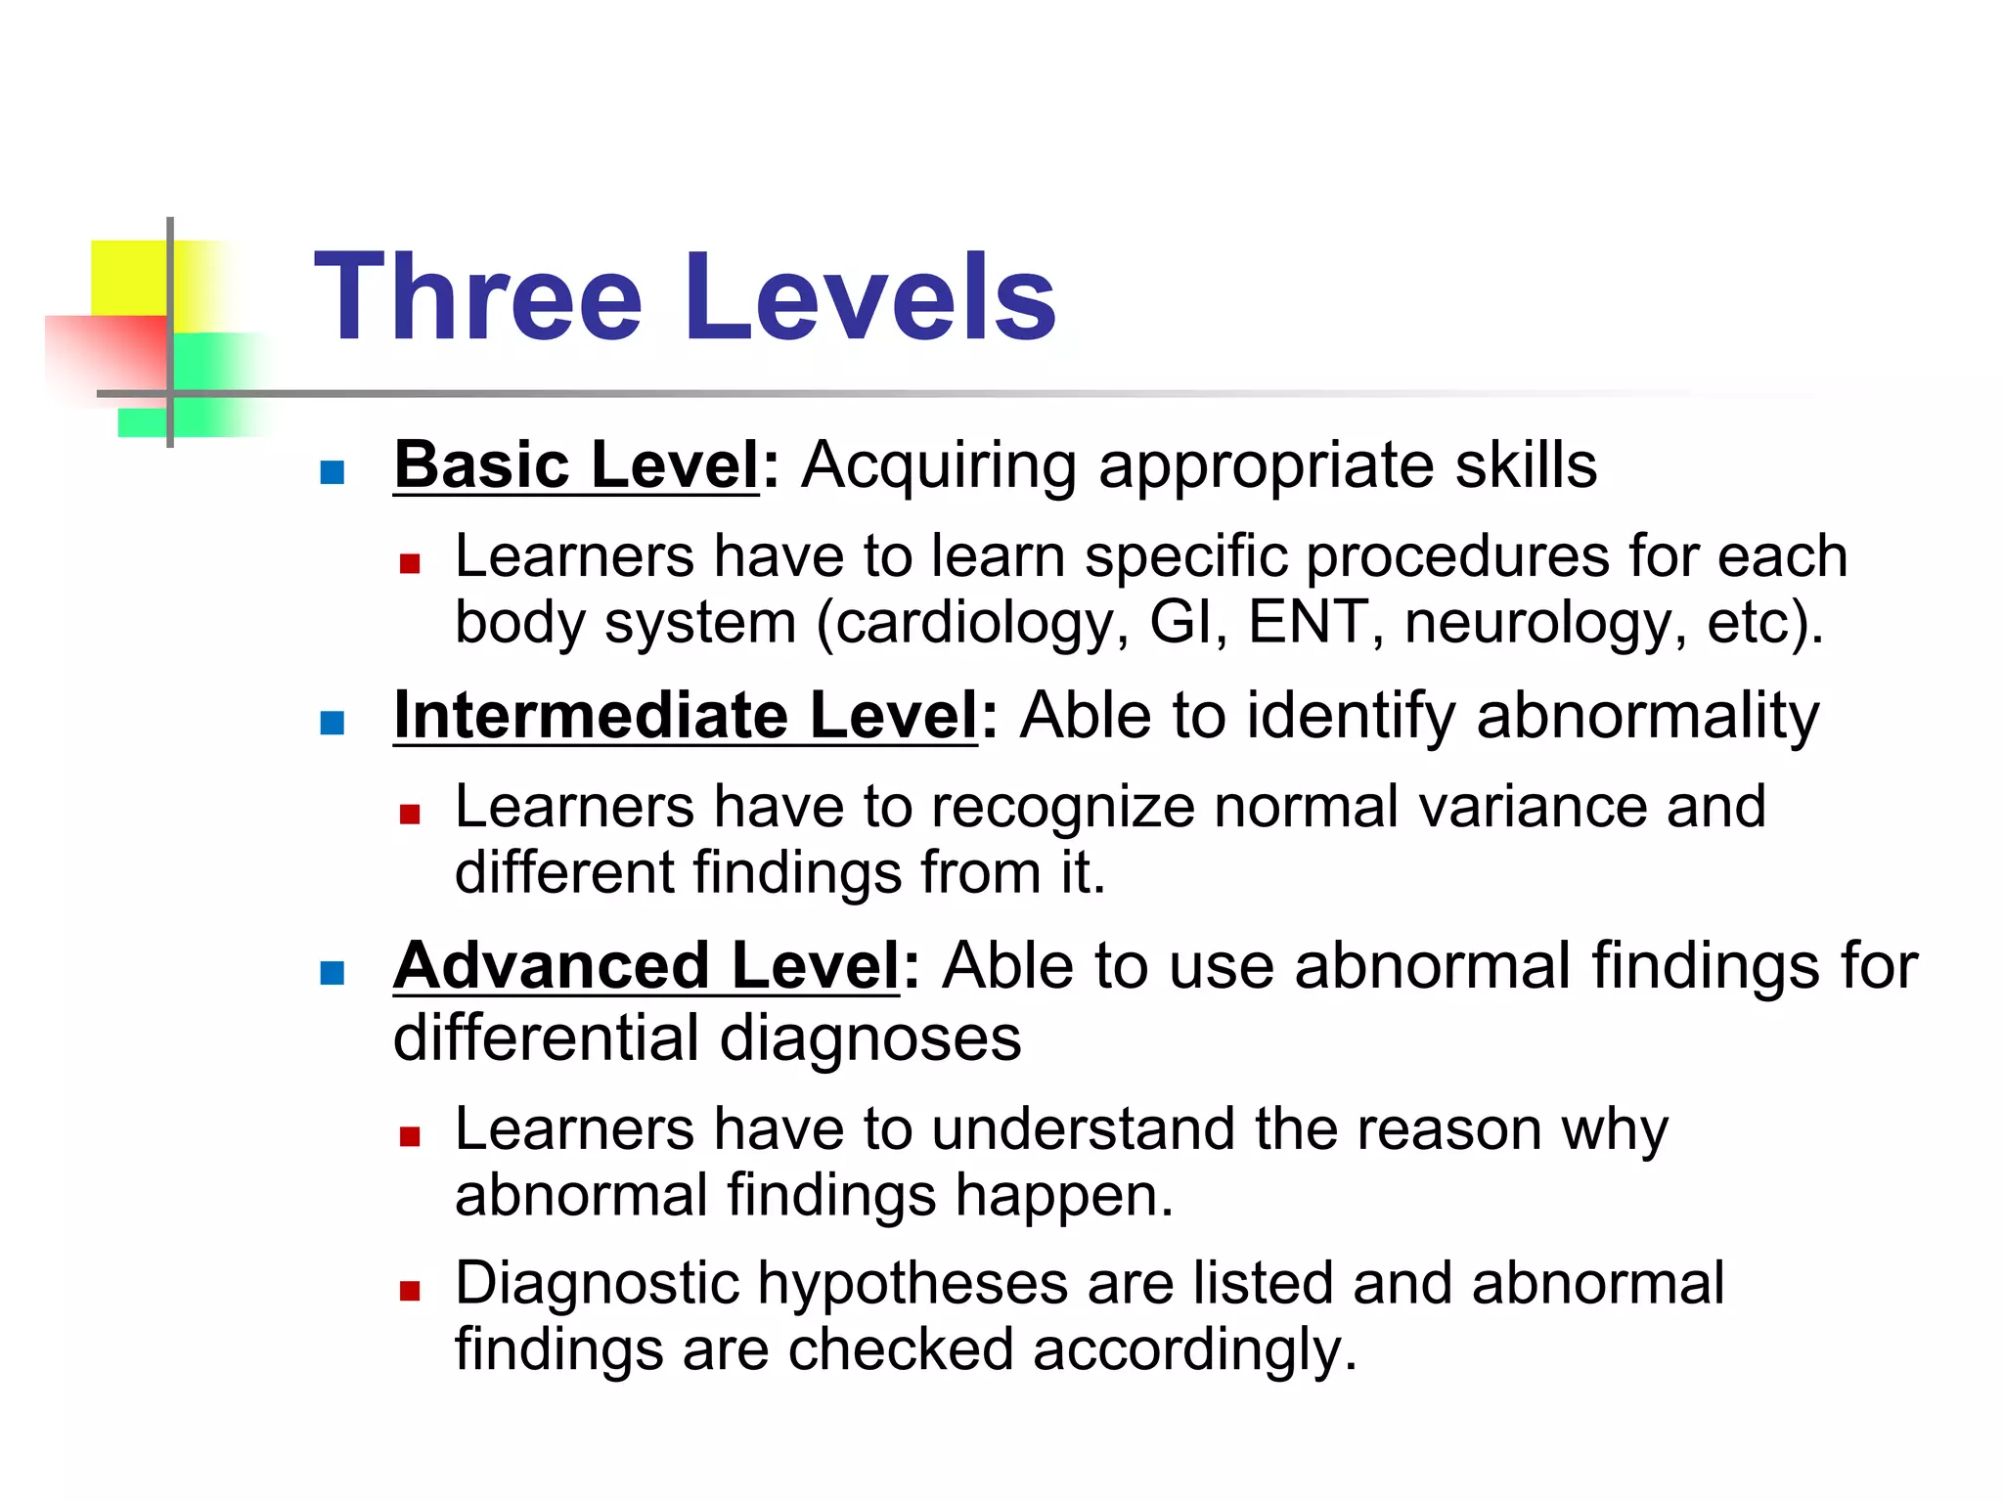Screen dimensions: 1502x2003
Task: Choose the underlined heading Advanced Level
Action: (646, 966)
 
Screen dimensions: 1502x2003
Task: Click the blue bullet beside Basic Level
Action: (333, 473)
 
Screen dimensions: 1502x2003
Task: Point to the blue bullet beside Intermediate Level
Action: (333, 724)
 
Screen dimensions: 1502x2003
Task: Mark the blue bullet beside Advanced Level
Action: (333, 974)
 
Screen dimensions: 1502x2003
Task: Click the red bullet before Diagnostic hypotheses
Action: (410, 1291)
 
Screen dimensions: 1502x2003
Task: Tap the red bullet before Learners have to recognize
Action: (410, 815)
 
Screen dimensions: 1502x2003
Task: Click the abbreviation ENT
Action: (1308, 621)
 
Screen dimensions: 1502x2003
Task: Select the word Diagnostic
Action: (597, 1284)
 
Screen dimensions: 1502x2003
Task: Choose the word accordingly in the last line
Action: (1193, 1351)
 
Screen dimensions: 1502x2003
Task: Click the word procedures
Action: (1457, 557)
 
